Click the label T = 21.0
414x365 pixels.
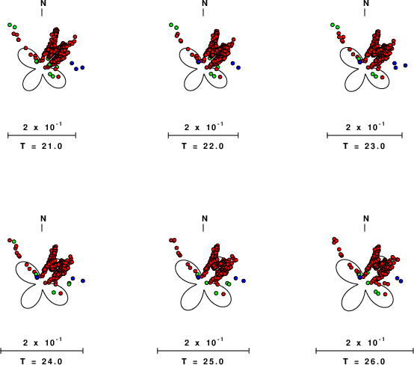[41, 146]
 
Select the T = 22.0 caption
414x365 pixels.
[203, 146]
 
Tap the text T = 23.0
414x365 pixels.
[365, 146]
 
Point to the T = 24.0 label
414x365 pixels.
[41, 361]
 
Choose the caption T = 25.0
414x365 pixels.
[203, 361]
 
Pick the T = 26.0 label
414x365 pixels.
[365, 361]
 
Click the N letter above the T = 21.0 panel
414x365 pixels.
[43, 3]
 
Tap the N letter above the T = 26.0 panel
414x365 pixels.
[366, 218]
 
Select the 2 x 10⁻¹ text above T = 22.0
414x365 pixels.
[203, 127]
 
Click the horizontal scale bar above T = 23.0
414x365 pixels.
[365, 135]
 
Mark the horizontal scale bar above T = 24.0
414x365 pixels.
[42, 351]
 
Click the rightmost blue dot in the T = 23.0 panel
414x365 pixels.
[406, 65]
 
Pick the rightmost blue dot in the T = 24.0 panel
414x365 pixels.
[83, 280]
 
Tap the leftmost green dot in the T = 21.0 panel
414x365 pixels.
[10, 25]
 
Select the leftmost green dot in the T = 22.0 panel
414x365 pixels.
[171, 25]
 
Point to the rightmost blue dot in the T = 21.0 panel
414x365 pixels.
[82, 67]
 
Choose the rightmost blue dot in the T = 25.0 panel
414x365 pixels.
[244, 280]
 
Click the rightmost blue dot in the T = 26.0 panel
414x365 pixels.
[401, 281]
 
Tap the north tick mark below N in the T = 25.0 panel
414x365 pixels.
[203, 228]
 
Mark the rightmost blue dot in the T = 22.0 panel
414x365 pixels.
[238, 67]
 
